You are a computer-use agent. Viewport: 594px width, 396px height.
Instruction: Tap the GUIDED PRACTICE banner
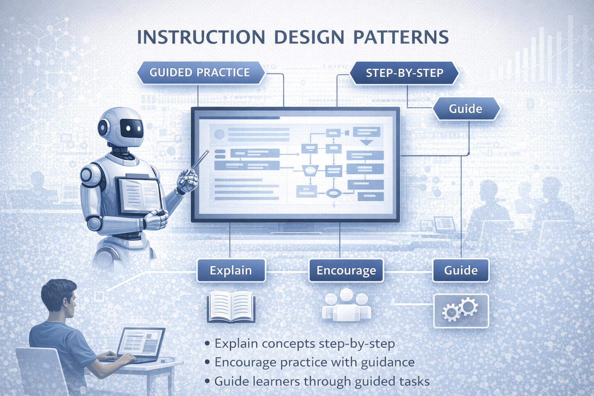point(200,72)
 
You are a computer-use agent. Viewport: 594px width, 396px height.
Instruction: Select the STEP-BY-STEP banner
point(405,73)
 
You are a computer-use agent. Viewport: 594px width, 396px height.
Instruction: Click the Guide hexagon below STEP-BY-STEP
point(466,109)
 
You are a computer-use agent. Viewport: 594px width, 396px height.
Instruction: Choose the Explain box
point(231,270)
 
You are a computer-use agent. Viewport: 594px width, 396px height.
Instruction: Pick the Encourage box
point(346,270)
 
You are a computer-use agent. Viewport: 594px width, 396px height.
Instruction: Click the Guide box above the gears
point(461,270)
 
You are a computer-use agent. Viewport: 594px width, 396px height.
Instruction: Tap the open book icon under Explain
point(231,307)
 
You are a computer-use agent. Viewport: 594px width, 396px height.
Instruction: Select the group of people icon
point(346,306)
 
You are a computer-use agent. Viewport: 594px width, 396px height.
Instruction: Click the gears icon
point(461,310)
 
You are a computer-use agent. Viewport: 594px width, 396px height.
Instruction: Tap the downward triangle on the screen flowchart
point(366,142)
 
